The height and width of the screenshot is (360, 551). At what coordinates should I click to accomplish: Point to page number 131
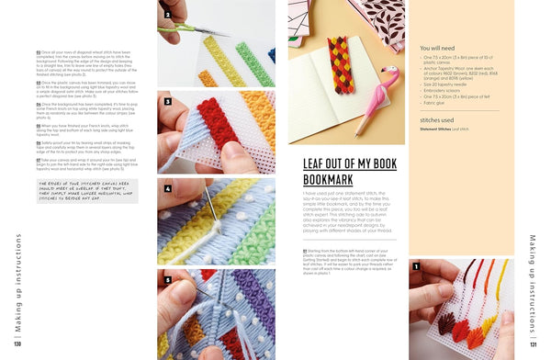pos(534,345)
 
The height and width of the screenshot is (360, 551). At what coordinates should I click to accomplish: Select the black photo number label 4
pos(166,189)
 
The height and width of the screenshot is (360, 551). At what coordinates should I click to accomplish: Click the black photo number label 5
pos(166,277)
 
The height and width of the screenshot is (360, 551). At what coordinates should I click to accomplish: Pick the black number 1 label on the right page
pos(415,267)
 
